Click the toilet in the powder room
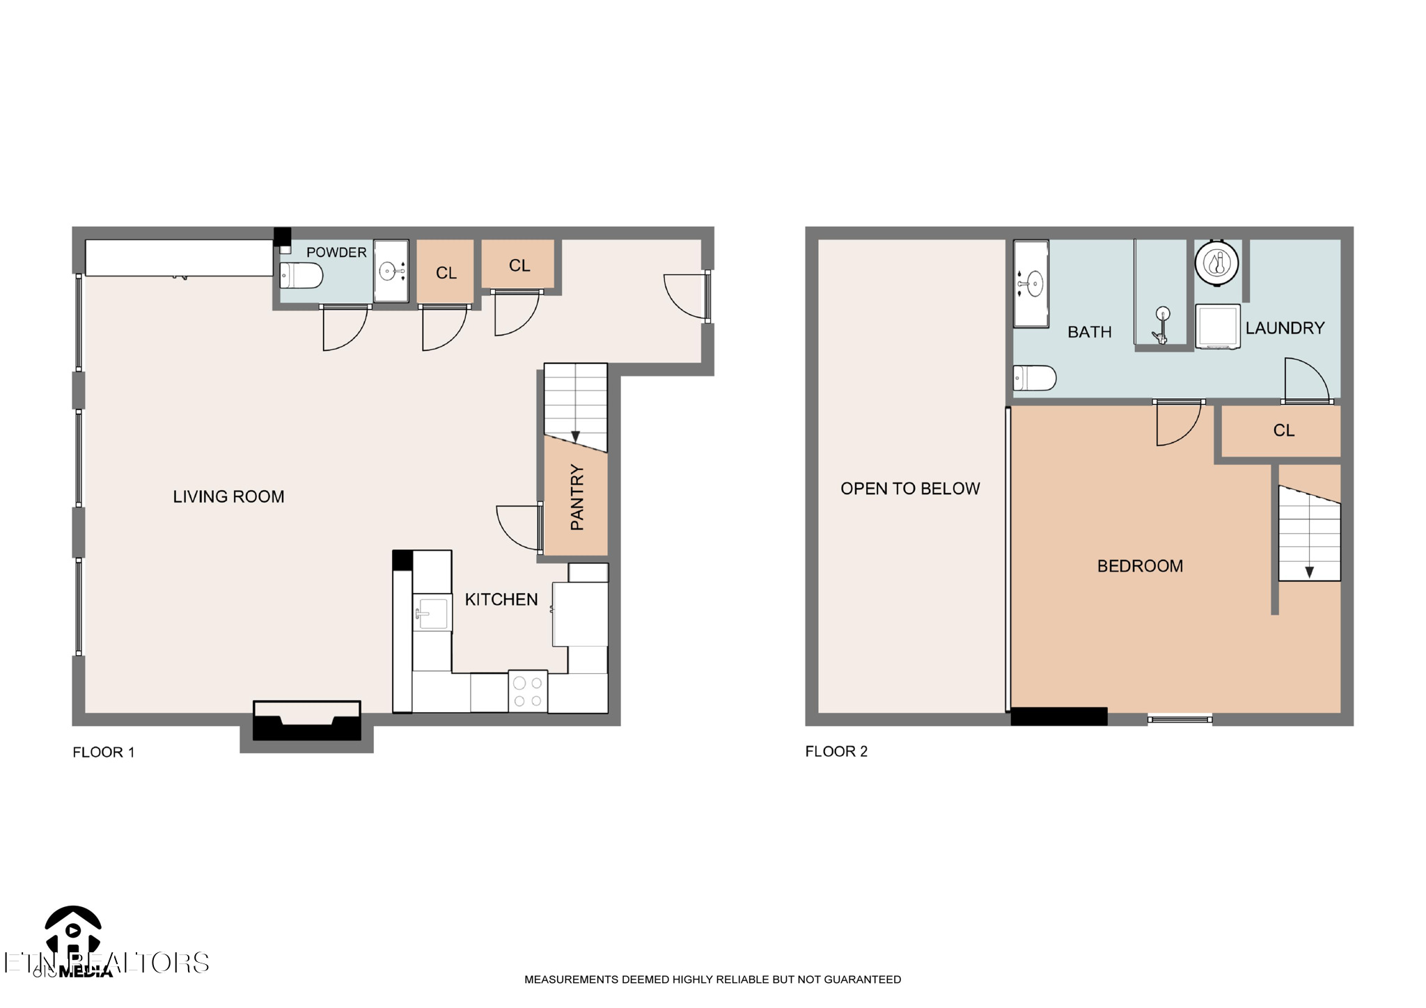click(301, 276)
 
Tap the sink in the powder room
click(391, 271)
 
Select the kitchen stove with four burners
click(528, 691)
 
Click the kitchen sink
click(432, 613)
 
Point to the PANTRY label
click(577, 497)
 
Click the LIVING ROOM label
click(228, 496)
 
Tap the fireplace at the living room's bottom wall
click(306, 721)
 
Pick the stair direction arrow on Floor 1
click(575, 436)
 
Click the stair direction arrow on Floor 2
click(1309, 572)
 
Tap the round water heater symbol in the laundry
click(1217, 262)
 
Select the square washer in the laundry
click(1218, 326)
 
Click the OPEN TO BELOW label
click(910, 489)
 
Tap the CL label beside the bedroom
click(1283, 431)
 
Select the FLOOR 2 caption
click(836, 751)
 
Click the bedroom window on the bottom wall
click(1180, 719)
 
